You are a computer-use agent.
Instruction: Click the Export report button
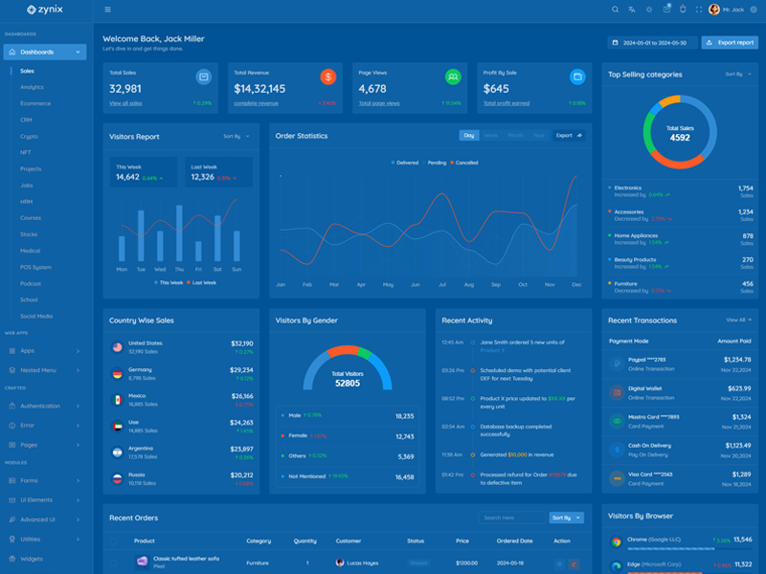(730, 43)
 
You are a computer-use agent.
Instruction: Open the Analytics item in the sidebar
(32, 87)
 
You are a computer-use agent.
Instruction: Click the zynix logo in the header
(46, 10)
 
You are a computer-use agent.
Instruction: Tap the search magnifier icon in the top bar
(616, 10)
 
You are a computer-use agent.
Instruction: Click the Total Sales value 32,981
(125, 89)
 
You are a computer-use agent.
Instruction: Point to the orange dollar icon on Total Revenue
(328, 77)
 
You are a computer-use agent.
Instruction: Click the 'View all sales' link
(125, 103)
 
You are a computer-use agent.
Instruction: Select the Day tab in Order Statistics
(469, 136)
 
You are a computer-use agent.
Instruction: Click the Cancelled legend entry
(466, 163)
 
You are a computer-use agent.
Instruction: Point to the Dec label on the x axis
(576, 285)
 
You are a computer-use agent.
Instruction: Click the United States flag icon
(117, 347)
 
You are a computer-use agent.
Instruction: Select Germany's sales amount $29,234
(241, 369)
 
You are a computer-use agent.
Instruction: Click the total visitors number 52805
(347, 383)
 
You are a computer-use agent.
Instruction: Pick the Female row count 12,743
(404, 436)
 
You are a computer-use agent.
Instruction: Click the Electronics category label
(628, 188)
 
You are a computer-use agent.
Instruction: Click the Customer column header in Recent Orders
(349, 541)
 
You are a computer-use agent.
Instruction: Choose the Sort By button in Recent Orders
(564, 518)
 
